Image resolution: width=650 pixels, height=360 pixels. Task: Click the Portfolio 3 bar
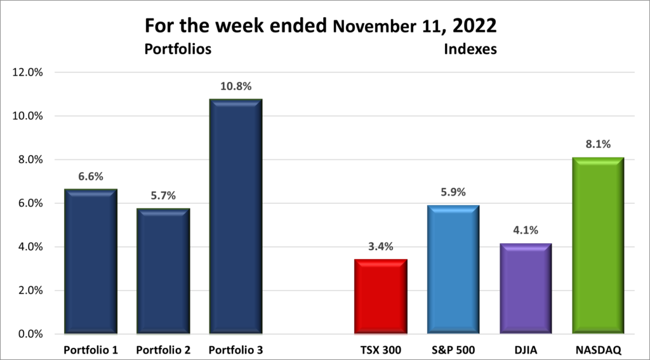tap(235, 217)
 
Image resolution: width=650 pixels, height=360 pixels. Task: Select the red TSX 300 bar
tap(380, 297)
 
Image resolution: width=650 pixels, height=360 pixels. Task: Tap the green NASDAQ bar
tap(597, 246)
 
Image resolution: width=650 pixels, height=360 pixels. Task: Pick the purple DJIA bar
tap(525, 289)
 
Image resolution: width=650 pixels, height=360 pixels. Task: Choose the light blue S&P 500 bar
tap(452, 269)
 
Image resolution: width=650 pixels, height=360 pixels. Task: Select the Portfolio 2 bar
tap(163, 271)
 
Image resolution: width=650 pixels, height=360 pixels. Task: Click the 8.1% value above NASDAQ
tap(597, 145)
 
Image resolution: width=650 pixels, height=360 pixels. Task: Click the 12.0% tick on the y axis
tap(28, 72)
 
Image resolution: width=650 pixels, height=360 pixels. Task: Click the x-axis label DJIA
tap(525, 350)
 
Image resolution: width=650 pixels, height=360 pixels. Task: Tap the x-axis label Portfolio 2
tap(163, 350)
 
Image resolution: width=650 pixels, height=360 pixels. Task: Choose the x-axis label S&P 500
tap(452, 350)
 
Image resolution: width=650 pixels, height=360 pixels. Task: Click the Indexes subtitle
tap(472, 49)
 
